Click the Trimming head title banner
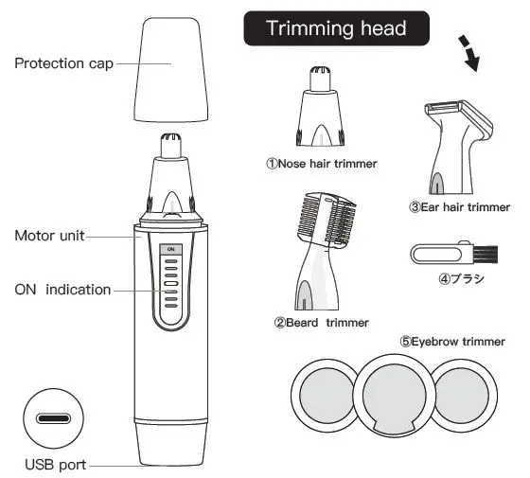coord(337,27)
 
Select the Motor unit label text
coord(48,235)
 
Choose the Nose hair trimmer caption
coord(321,163)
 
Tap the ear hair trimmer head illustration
coord(453,148)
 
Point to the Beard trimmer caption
coord(321,322)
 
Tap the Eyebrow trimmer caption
coord(451,342)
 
